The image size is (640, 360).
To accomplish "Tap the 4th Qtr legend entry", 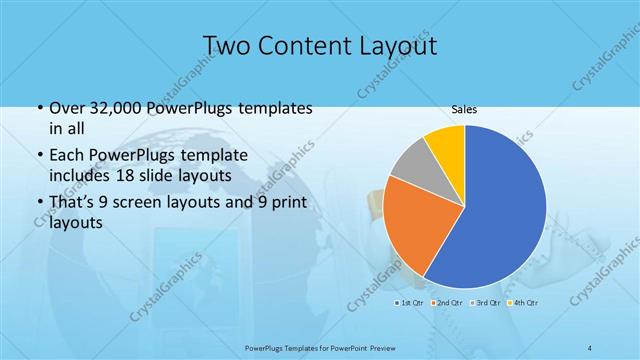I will tap(523, 301).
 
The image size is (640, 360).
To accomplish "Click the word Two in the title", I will tap(229, 46).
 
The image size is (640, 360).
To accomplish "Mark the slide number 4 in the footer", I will tap(590, 347).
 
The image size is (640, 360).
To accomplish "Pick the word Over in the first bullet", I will tap(68, 108).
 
